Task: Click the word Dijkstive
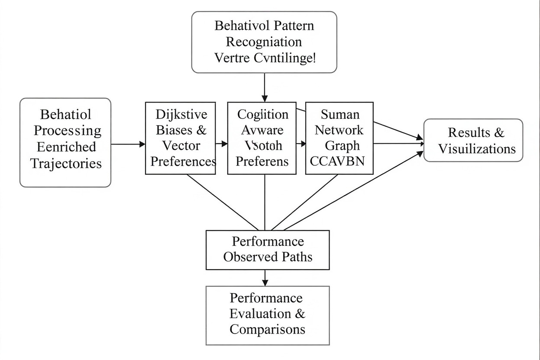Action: pos(181,115)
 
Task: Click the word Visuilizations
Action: pos(477,149)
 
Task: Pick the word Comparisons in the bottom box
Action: pos(267,329)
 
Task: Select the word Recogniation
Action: pos(264,42)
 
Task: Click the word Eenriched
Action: pos(66,147)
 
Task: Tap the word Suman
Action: pos(340,115)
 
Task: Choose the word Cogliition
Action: pos(263,115)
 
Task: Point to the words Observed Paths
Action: pos(268,257)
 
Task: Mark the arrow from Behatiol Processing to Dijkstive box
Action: pos(128,144)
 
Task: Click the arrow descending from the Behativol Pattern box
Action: pos(265,87)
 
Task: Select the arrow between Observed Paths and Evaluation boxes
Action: pos(265,277)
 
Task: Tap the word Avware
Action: pos(262,130)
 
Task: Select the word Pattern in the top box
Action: pos(294,26)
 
